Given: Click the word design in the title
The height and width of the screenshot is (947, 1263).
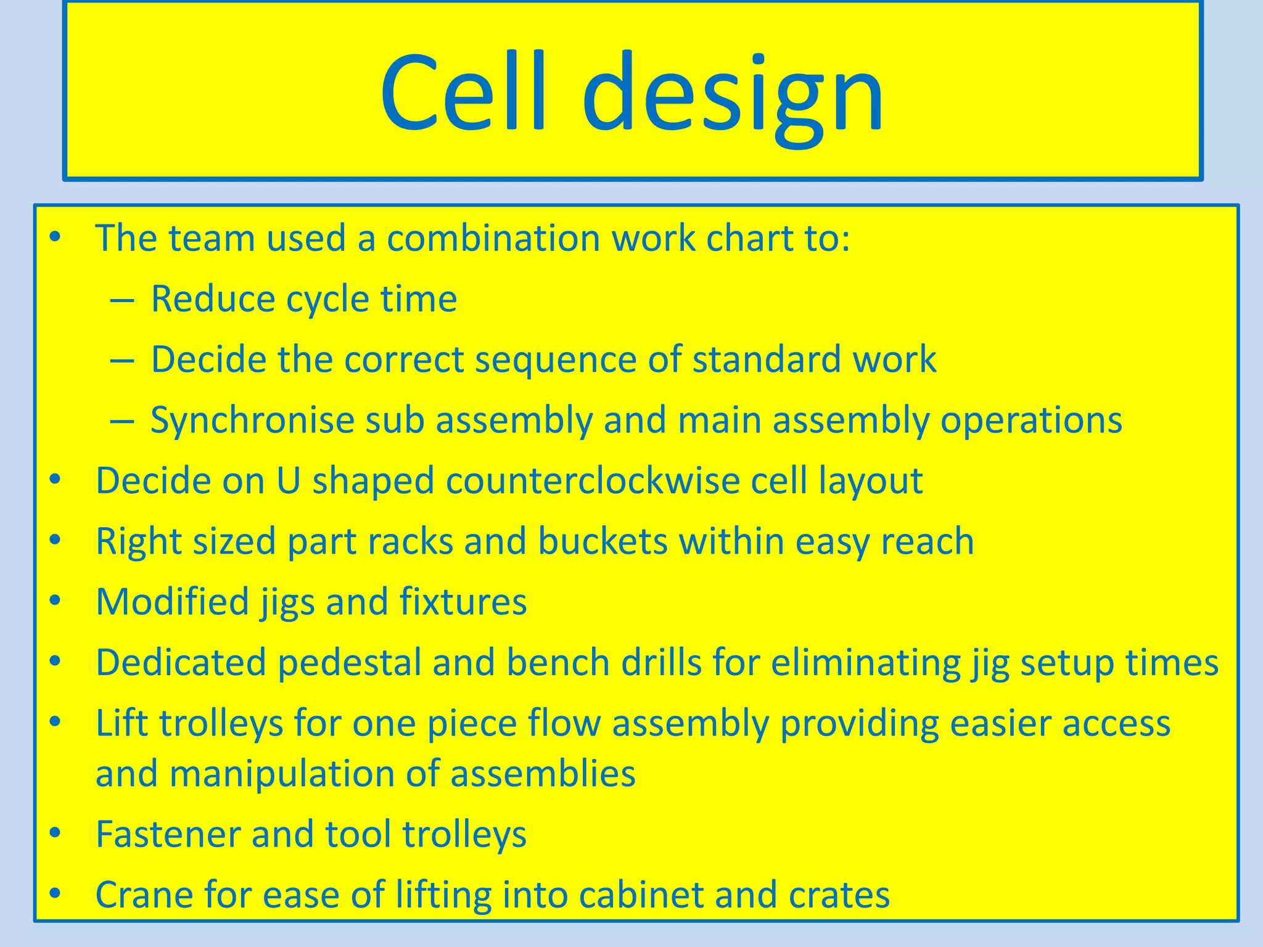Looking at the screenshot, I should click(733, 96).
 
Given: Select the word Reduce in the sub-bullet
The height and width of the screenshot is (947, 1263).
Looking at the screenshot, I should click(212, 299).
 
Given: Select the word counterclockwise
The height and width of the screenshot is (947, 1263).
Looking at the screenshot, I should click(592, 481).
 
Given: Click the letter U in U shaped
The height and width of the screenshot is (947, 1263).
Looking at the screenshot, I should click(289, 481).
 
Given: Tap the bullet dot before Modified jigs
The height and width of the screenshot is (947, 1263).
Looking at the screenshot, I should click(56, 600).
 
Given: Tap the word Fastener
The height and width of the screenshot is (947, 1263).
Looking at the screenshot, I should click(168, 834).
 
